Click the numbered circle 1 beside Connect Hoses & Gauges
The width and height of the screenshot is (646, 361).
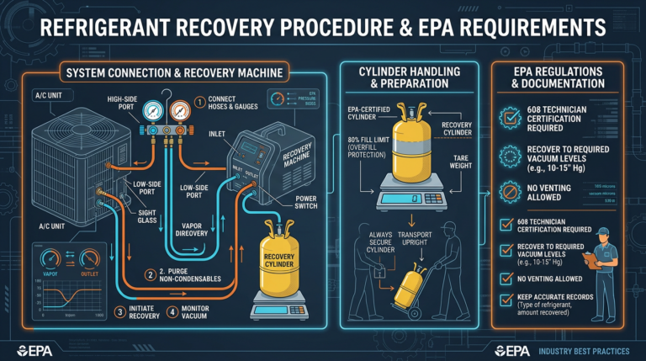[x=200, y=104]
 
